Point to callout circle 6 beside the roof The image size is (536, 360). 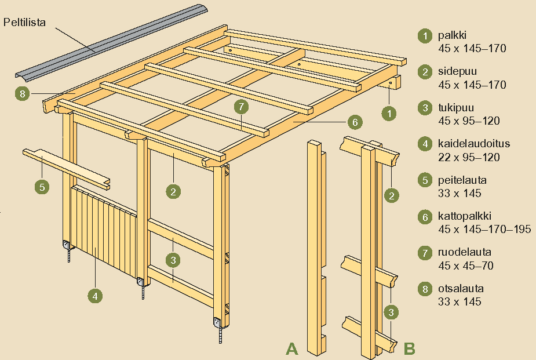tap(355, 122)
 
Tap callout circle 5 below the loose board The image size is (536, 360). tap(41, 187)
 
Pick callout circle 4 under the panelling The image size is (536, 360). tap(96, 295)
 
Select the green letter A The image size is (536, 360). tap(291, 348)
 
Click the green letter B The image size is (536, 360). tap(409, 348)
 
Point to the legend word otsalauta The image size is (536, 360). tap(460, 289)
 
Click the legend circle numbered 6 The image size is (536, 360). tap(425, 217)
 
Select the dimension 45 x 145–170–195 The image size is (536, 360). tap(484, 229)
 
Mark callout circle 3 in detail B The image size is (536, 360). tap(392, 312)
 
